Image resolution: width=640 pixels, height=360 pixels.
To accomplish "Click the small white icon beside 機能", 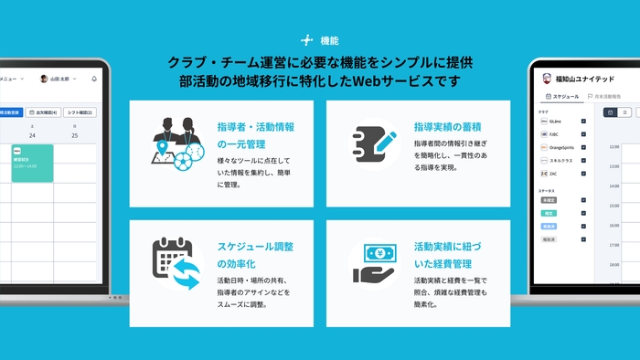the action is (x=307, y=40).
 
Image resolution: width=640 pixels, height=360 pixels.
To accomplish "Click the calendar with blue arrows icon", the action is (x=175, y=263).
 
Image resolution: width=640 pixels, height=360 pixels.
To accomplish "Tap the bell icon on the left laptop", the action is (x=94, y=79).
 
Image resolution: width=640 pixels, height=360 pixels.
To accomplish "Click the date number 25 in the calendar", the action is (x=74, y=136).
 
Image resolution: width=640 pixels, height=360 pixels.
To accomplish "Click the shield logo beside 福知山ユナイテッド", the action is (x=546, y=77).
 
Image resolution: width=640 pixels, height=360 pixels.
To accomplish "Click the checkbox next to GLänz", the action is (x=583, y=121).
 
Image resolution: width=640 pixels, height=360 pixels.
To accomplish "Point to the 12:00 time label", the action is (x=614, y=145).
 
